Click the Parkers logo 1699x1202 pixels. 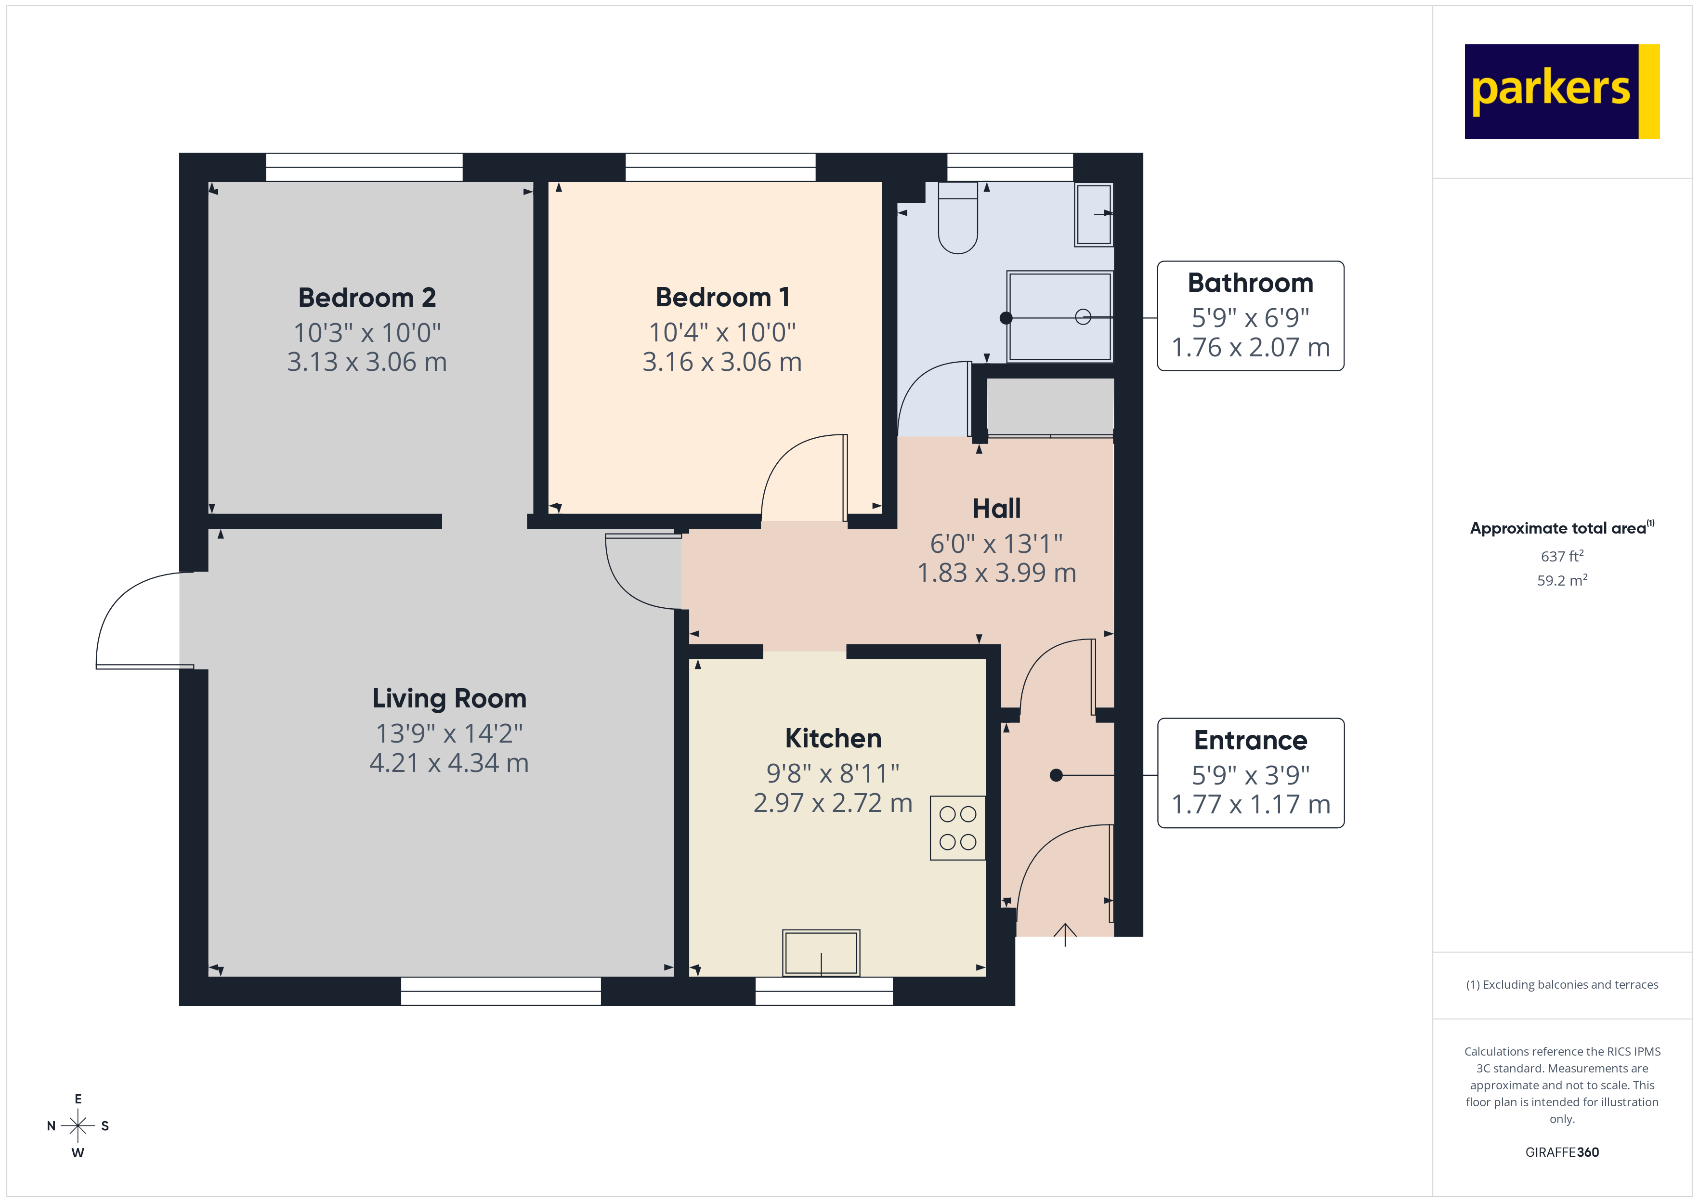[x=1561, y=92]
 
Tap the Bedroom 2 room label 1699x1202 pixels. [x=367, y=298]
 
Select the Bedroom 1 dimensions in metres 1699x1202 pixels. [x=721, y=362]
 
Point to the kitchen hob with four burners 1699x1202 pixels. [x=957, y=827]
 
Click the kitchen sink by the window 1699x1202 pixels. [x=821, y=953]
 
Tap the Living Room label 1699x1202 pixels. [x=449, y=698]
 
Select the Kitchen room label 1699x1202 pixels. [x=833, y=738]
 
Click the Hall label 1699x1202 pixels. [x=996, y=509]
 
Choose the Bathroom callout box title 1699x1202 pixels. [x=1250, y=283]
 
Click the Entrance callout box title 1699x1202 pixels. [x=1250, y=740]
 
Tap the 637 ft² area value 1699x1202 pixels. [x=1561, y=556]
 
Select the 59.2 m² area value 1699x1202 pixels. [x=1561, y=580]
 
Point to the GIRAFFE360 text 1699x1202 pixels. [x=1561, y=1151]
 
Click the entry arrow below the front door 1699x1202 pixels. [x=1064, y=934]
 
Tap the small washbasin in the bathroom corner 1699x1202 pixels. [x=1094, y=215]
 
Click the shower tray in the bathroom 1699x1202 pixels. [x=1059, y=317]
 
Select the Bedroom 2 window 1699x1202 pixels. [x=364, y=167]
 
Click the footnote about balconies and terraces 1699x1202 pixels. [x=1561, y=984]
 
